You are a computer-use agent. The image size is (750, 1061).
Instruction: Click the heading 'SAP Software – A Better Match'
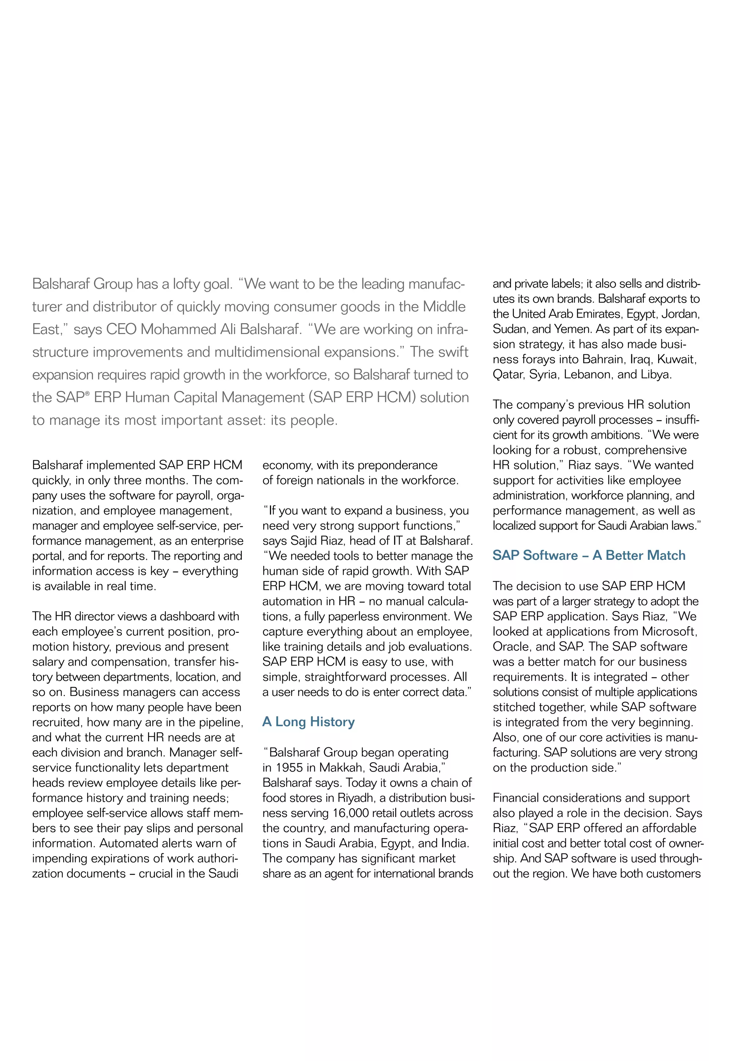coord(589,555)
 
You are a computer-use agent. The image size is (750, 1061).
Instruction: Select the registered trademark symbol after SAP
coord(87,394)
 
